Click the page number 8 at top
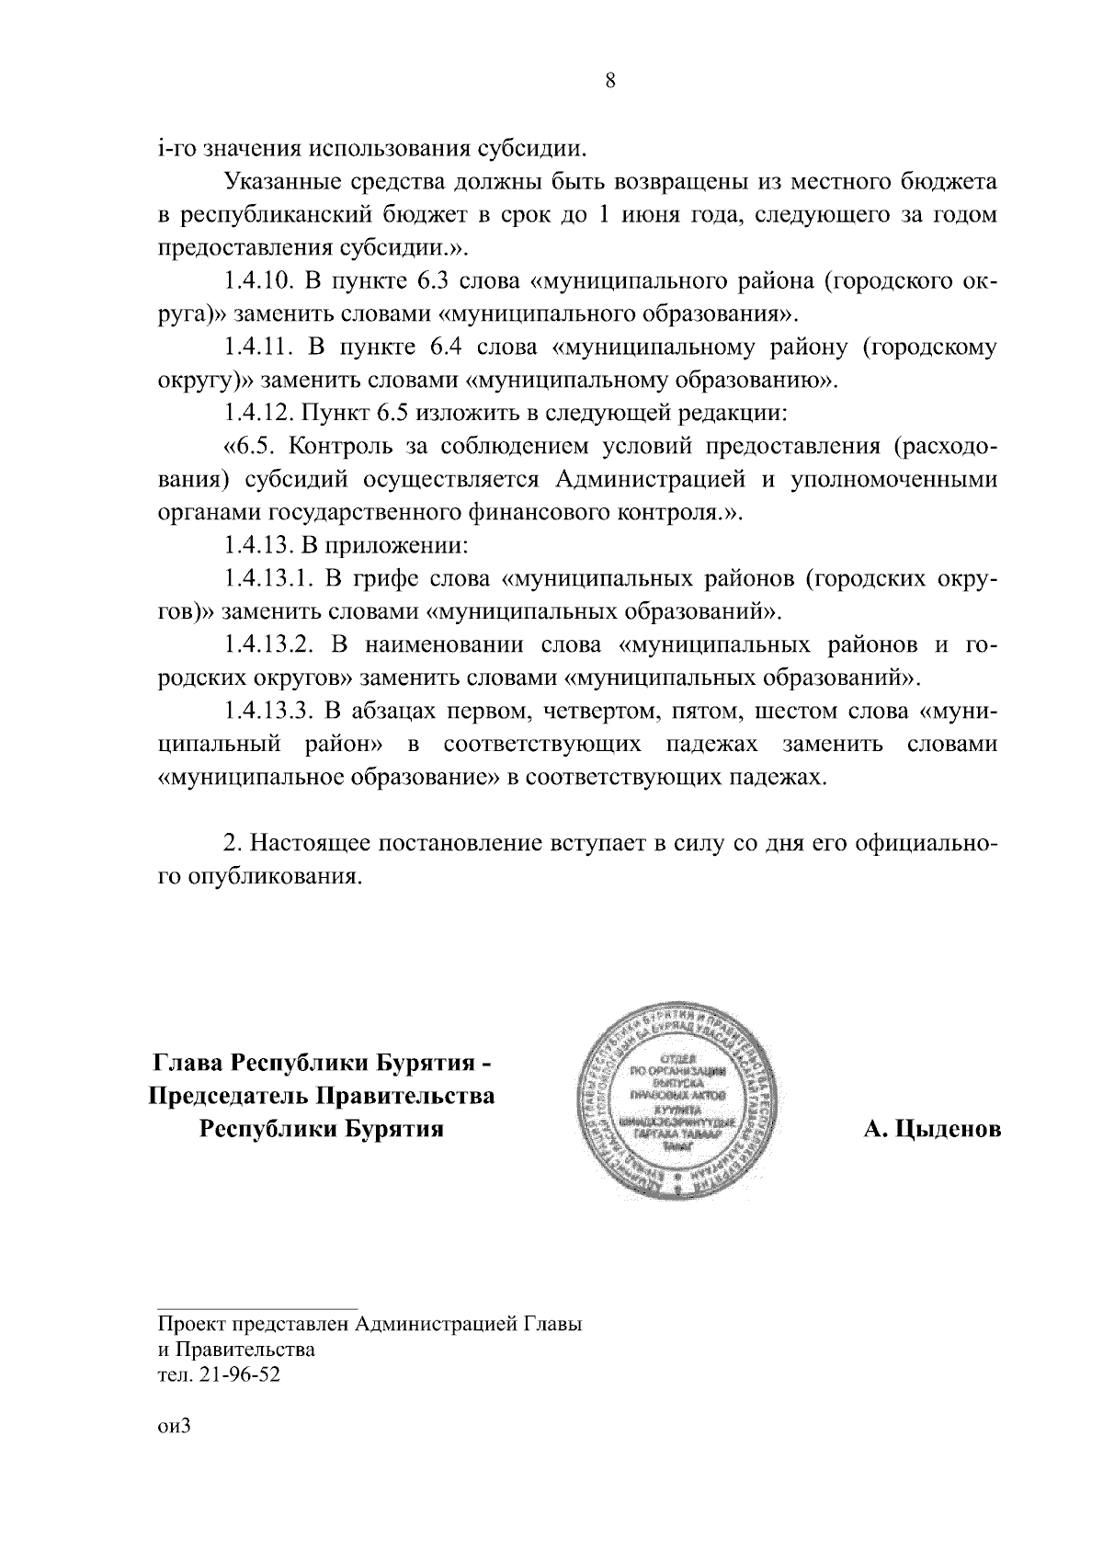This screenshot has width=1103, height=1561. (x=610, y=81)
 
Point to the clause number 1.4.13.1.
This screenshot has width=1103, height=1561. (x=270, y=579)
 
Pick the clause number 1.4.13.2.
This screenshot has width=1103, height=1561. (x=270, y=645)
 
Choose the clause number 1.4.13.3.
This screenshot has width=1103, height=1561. (x=270, y=712)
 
